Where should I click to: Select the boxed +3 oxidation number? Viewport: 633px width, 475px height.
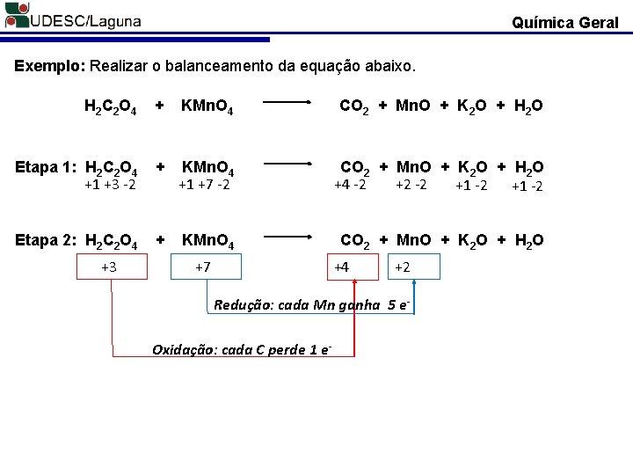coord(110,267)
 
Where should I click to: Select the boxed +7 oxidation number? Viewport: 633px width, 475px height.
coord(202,267)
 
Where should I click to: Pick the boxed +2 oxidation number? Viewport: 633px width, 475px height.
coord(404,267)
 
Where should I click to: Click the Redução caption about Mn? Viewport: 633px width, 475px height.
coord(312,305)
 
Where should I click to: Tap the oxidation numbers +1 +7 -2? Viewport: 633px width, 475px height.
coord(204,185)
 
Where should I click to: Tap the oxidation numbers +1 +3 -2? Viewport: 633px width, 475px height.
coord(110,185)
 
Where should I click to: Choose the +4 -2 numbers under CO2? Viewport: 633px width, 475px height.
coord(350,185)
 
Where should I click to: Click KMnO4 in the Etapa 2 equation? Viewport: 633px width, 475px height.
coord(207,240)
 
